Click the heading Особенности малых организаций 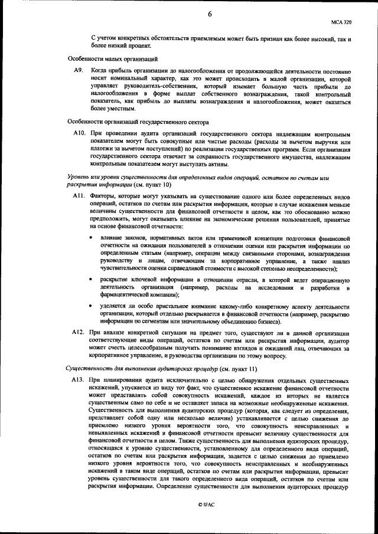112,58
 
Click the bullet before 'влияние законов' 90,238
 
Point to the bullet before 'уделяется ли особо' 90,307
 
